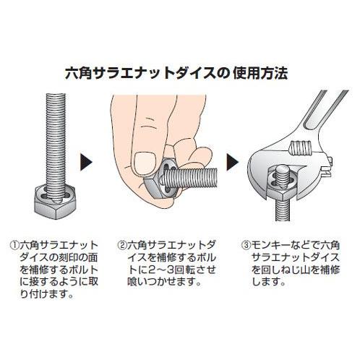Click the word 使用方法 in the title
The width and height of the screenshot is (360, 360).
[x=261, y=73]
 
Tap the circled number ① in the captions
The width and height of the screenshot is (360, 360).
[x=15, y=246]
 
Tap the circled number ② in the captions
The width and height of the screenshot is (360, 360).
[x=122, y=246]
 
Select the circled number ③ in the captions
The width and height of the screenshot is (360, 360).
[x=247, y=246]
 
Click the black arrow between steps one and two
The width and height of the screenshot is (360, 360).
[x=86, y=161]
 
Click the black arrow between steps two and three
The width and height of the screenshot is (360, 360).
[x=232, y=161]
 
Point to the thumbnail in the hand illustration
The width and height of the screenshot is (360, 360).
[x=145, y=163]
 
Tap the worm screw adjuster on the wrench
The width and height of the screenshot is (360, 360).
[x=301, y=147]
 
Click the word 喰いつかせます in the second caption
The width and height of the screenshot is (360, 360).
[x=164, y=282]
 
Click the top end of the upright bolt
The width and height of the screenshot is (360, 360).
[x=56, y=95]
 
